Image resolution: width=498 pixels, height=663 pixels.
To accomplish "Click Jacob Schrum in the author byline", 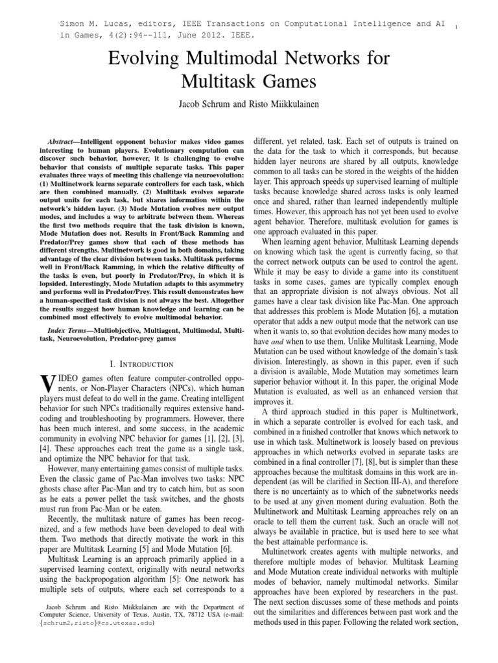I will (207, 104).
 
